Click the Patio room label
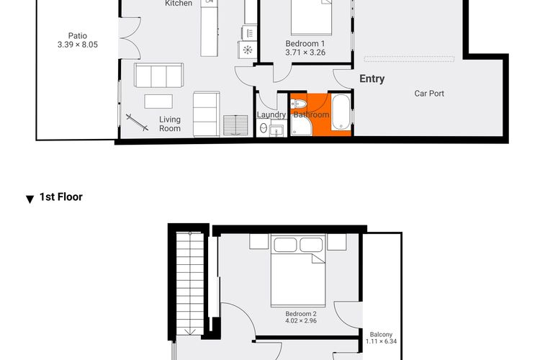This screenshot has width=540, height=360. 78,36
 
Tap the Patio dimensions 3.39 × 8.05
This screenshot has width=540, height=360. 78,45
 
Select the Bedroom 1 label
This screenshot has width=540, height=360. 305,44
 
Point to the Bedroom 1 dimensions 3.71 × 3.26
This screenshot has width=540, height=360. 305,53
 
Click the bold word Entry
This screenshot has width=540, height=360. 372,79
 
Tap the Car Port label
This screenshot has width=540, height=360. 429,94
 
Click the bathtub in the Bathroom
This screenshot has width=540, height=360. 341,112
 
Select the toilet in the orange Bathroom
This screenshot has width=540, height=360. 298,104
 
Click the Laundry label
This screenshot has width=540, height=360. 271,114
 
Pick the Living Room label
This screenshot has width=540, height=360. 170,124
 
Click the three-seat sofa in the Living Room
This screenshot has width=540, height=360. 159,76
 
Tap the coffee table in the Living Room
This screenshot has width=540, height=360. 158,102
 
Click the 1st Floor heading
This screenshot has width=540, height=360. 61,197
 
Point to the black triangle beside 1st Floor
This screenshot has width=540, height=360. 30,199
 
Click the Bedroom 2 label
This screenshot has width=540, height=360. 301,314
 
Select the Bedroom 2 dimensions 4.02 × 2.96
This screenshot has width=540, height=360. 301,320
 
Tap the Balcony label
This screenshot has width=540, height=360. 381,335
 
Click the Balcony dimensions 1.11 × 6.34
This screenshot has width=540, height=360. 381,341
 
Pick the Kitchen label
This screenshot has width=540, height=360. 179,4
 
